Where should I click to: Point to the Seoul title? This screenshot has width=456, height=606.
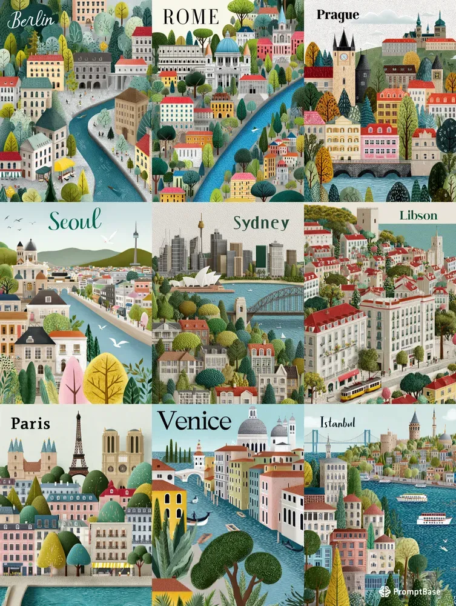point(74,221)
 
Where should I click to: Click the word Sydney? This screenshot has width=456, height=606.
point(261,222)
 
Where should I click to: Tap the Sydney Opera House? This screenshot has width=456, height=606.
point(194,278)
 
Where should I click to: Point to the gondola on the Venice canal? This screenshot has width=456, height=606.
point(198,519)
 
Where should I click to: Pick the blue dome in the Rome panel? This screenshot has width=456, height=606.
point(228,44)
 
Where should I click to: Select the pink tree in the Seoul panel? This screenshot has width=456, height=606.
point(73,382)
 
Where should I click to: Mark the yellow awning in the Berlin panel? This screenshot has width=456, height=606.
point(64,164)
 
